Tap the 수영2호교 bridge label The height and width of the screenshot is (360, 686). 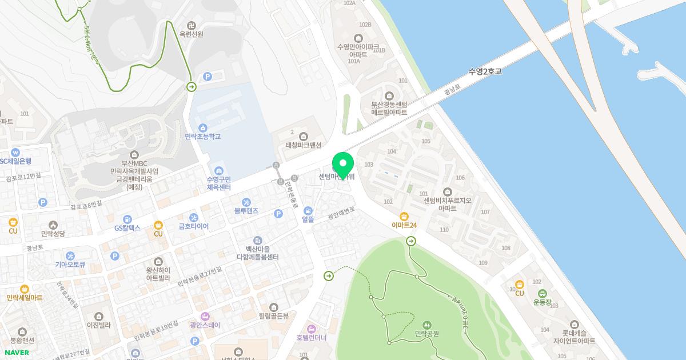click(485, 72)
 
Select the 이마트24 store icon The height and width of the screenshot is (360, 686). click(404, 216)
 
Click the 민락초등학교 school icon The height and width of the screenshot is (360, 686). click(202, 127)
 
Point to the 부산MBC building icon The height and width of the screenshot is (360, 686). click(134, 155)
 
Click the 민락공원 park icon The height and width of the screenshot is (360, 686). click(426, 325)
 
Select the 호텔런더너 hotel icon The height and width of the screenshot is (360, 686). click(311, 329)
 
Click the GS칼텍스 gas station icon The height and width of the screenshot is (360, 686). click(127, 218)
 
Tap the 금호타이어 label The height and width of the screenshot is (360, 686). click(194, 226)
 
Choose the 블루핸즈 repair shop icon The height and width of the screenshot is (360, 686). click(246, 202)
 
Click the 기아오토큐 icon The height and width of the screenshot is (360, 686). click(70, 255)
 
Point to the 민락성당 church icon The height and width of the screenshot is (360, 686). click(53, 225)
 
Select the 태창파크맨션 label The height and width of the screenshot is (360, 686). click(303, 145)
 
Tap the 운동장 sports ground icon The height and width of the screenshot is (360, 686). click(542, 293)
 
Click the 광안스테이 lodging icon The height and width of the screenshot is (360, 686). click(205, 316)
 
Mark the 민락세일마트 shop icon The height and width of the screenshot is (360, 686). click(24, 289)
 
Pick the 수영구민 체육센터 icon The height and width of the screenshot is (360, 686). click(218, 171)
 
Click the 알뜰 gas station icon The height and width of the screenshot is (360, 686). click(308, 211)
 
